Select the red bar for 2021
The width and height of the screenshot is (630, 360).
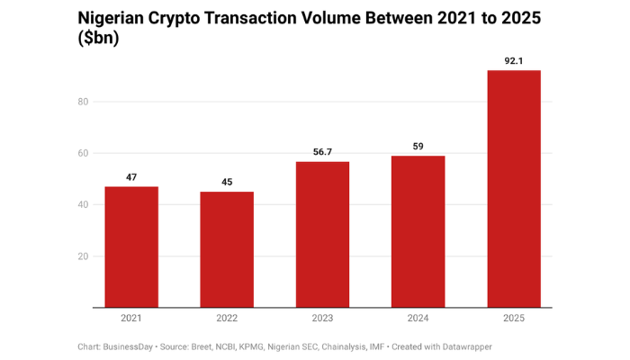[x=131, y=247]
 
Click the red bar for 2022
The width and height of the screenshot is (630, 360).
[x=227, y=249]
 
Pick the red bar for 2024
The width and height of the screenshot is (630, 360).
[x=418, y=231]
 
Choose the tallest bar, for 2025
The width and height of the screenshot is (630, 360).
[x=514, y=189]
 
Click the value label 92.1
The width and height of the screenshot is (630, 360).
[x=514, y=61]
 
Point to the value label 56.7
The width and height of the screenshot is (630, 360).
[x=322, y=152]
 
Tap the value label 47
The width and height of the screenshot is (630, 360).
[x=131, y=177]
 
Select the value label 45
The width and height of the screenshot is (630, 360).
[x=227, y=183]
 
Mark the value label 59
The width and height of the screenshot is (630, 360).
[x=418, y=147]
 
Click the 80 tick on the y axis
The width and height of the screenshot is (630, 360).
[x=83, y=102]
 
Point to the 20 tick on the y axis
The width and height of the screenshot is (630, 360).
[x=83, y=256]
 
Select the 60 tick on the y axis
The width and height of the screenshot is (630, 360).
[x=83, y=153]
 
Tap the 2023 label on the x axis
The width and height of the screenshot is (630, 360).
[x=322, y=318]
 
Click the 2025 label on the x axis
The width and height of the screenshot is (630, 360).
[x=514, y=318]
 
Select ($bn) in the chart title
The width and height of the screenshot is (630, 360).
[x=99, y=40]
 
